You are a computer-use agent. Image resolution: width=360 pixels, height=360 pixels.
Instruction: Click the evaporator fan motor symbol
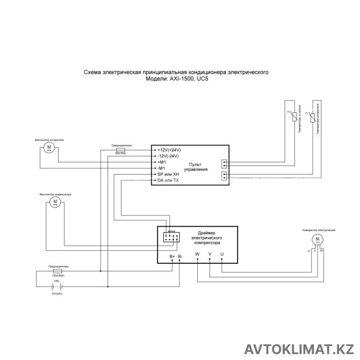click(x=49, y=147)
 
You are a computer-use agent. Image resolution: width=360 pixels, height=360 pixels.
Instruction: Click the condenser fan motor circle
click(x=54, y=201)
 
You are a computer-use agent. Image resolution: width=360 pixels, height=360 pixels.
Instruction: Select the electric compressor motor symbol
click(x=317, y=239)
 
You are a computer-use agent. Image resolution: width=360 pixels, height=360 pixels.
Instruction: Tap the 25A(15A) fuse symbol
click(x=120, y=149)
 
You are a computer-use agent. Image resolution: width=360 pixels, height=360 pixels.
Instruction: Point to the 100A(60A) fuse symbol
click(x=59, y=271)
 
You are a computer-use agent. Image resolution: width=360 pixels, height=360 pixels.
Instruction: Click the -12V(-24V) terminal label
click(x=168, y=155)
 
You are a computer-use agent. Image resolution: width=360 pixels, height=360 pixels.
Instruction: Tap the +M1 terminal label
click(x=161, y=162)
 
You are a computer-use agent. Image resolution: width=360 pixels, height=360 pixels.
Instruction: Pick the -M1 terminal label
click(x=160, y=168)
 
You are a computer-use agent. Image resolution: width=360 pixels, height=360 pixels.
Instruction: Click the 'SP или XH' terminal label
click(x=168, y=175)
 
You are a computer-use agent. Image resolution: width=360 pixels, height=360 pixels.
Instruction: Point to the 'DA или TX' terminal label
click(x=168, y=181)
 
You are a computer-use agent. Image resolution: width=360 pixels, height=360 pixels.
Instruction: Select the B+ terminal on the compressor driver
click(x=172, y=257)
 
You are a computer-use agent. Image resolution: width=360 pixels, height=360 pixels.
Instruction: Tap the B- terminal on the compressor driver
click(x=180, y=257)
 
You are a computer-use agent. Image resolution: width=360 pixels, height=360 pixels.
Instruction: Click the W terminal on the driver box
click(x=197, y=254)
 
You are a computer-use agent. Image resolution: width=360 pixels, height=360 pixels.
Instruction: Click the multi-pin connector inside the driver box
click(x=170, y=237)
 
